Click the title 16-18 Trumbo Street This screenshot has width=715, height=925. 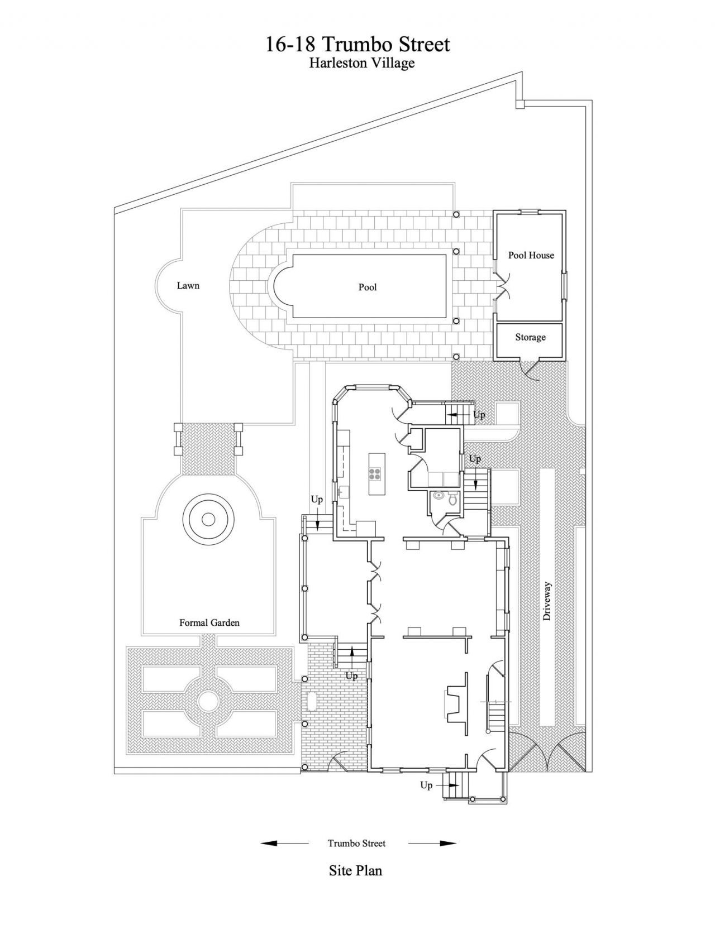pyautogui.click(x=357, y=44)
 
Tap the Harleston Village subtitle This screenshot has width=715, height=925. pyautogui.click(x=361, y=63)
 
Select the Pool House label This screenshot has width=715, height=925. pyautogui.click(x=531, y=255)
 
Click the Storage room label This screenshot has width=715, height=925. pyautogui.click(x=530, y=337)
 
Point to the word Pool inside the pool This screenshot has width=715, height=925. pyautogui.click(x=367, y=287)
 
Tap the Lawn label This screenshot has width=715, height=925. pyautogui.click(x=188, y=285)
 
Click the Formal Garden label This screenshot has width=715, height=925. pyautogui.click(x=209, y=623)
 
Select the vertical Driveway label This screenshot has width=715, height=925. pyautogui.click(x=547, y=601)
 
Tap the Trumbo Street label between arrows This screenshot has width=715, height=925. pyautogui.click(x=356, y=843)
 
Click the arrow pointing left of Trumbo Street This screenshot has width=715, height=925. pyautogui.click(x=285, y=843)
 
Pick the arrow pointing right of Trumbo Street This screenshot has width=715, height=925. pyautogui.click(x=432, y=843)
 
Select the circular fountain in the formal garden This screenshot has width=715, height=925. pyautogui.click(x=208, y=519)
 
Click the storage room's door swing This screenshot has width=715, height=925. pyautogui.click(x=533, y=370)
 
